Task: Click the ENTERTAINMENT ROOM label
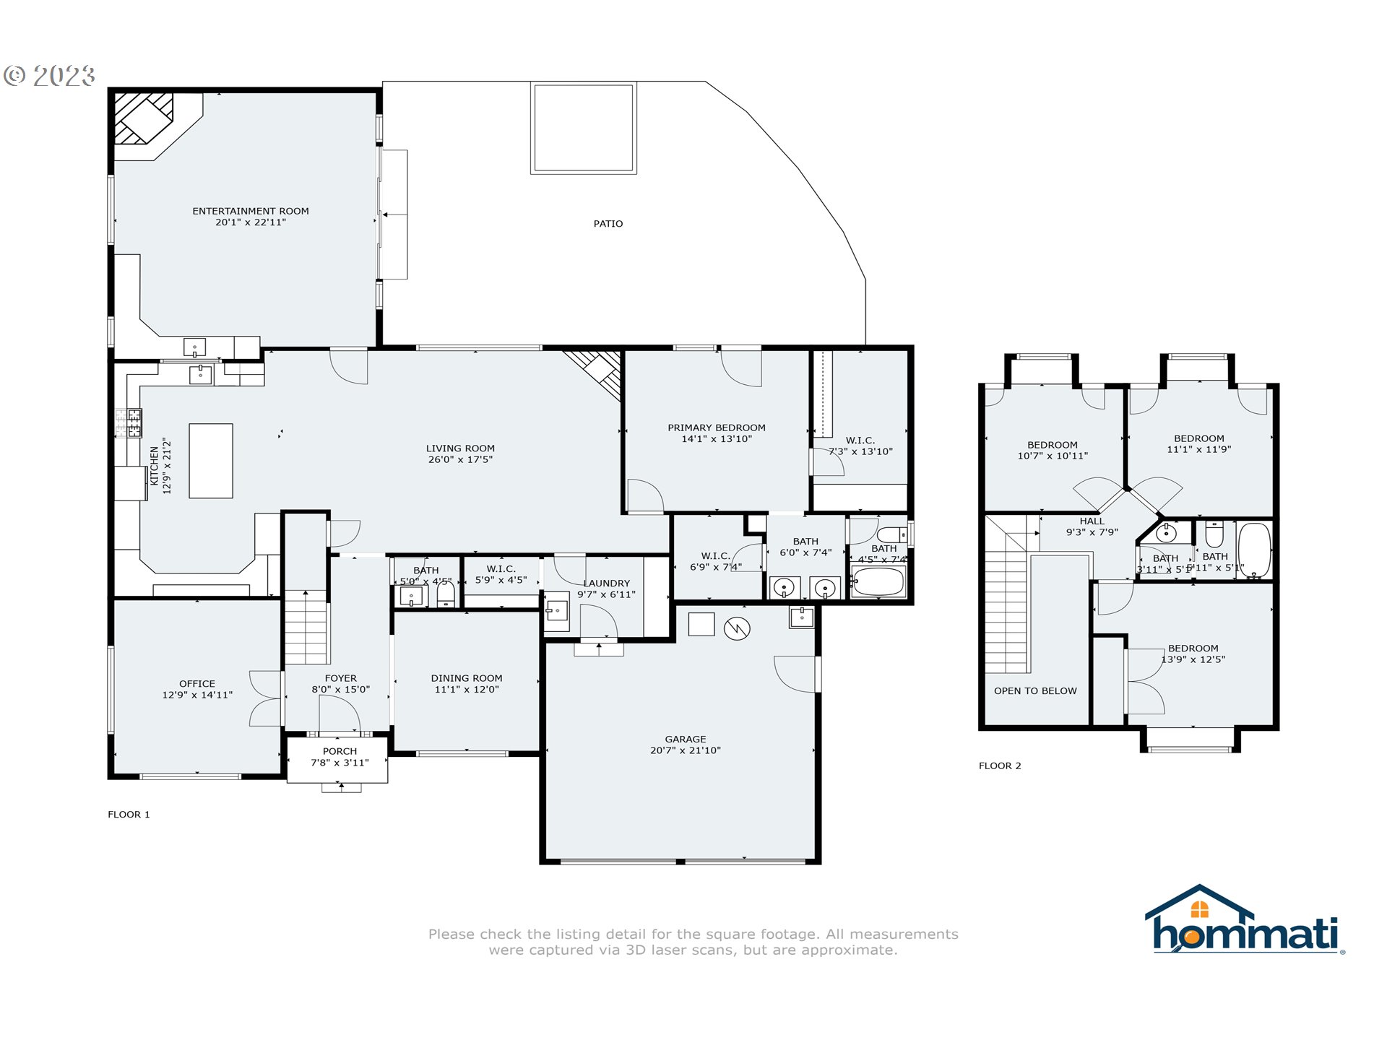[250, 211]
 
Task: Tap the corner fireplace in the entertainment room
[144, 119]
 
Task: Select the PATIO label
[608, 224]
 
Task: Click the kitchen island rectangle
[211, 461]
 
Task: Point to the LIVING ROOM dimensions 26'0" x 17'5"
[460, 459]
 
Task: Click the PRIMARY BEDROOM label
[716, 428]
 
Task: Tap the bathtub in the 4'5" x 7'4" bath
[878, 581]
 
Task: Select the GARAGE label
[685, 739]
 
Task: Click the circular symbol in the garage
[736, 628]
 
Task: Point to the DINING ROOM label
[466, 678]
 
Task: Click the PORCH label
[340, 751]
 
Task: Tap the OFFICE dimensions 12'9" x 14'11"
[197, 695]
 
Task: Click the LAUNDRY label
[606, 583]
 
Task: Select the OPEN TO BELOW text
[1034, 691]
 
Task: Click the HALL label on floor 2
[1092, 521]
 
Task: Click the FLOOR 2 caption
[1000, 766]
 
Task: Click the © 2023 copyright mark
[49, 76]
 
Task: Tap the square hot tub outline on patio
[583, 128]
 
